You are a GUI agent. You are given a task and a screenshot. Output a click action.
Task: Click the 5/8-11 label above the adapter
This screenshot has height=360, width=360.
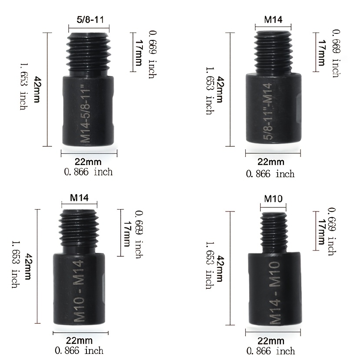pyautogui.click(x=90, y=20)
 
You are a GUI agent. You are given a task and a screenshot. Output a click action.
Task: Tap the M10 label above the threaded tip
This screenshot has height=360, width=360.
pyautogui.click(x=273, y=198)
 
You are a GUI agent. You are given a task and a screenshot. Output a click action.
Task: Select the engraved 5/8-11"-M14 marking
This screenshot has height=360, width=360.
pyautogui.click(x=268, y=111)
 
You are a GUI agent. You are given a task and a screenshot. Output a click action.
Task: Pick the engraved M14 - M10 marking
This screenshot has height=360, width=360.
pyautogui.click(x=275, y=293)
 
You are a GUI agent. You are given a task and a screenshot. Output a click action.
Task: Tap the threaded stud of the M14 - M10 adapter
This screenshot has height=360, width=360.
pyautogui.click(x=274, y=233)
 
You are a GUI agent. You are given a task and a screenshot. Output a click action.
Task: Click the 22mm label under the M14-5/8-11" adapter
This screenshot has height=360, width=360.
pyautogui.click(x=88, y=162)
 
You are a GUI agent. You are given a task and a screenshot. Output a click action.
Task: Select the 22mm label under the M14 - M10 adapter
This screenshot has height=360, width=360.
pyautogui.click(x=271, y=341)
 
